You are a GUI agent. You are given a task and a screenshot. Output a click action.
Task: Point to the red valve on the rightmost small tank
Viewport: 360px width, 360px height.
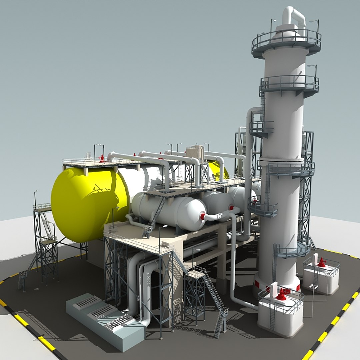321,263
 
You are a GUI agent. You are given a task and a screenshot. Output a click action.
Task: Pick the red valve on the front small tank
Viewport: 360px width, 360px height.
281,295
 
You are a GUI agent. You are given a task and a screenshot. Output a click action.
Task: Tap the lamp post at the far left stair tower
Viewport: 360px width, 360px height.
35,198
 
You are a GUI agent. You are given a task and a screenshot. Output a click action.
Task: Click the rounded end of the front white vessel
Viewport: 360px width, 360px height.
197,213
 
